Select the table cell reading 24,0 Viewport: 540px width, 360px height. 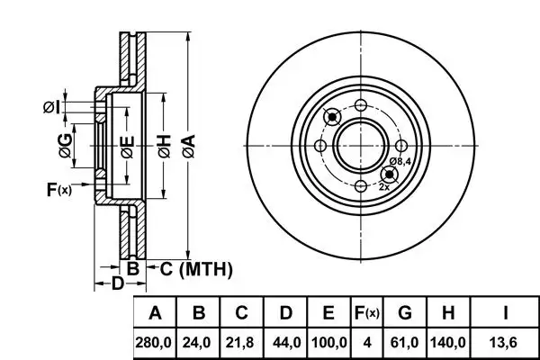(x=200, y=343)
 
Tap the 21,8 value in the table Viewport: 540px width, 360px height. (x=241, y=343)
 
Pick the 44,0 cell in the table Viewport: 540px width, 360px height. (x=285, y=343)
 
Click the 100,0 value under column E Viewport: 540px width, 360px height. (x=328, y=343)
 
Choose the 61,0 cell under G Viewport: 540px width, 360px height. (x=405, y=343)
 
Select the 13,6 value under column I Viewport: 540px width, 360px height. (x=506, y=343)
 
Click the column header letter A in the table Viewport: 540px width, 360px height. (x=156, y=313)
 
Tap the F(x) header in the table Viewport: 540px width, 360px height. (x=366, y=313)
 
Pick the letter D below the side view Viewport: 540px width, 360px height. (x=117, y=285)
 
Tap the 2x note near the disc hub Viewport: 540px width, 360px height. (x=384, y=186)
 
